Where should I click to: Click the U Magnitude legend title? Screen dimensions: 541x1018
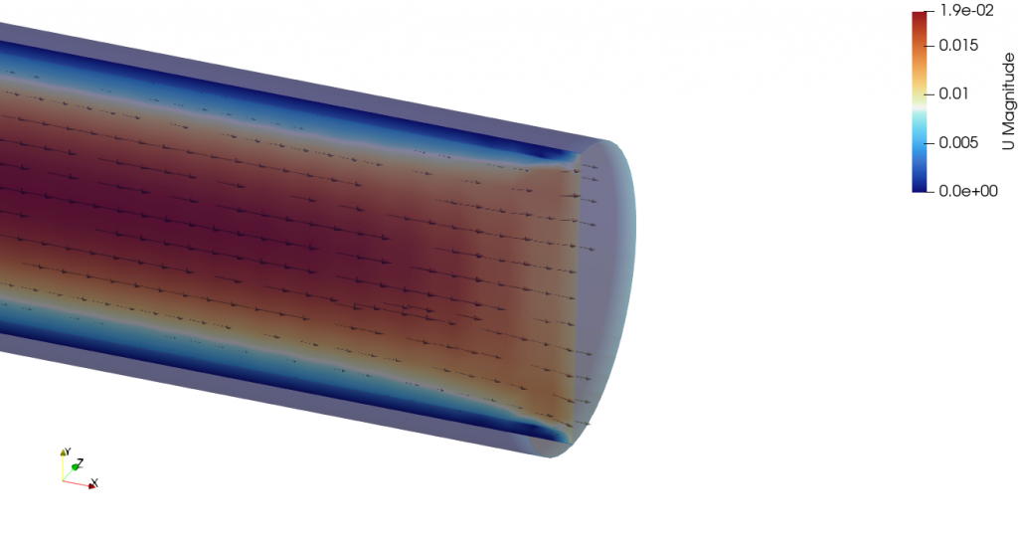(1007, 100)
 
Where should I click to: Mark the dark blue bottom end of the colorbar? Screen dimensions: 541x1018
(921, 186)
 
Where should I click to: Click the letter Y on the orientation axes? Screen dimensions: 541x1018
(67, 450)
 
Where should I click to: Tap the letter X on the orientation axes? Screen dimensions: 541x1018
(94, 483)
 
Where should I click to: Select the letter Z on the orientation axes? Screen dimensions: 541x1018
(81, 462)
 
